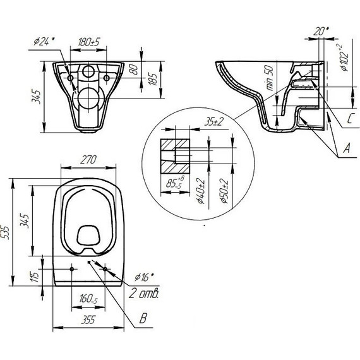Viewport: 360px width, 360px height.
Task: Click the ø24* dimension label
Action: click(x=42, y=44)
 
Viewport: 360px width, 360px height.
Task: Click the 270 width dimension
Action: click(x=88, y=161)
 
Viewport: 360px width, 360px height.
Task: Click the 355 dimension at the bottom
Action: click(x=88, y=320)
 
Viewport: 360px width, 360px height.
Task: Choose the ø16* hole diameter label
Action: click(x=145, y=276)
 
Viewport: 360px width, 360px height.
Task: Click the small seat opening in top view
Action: click(x=88, y=235)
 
